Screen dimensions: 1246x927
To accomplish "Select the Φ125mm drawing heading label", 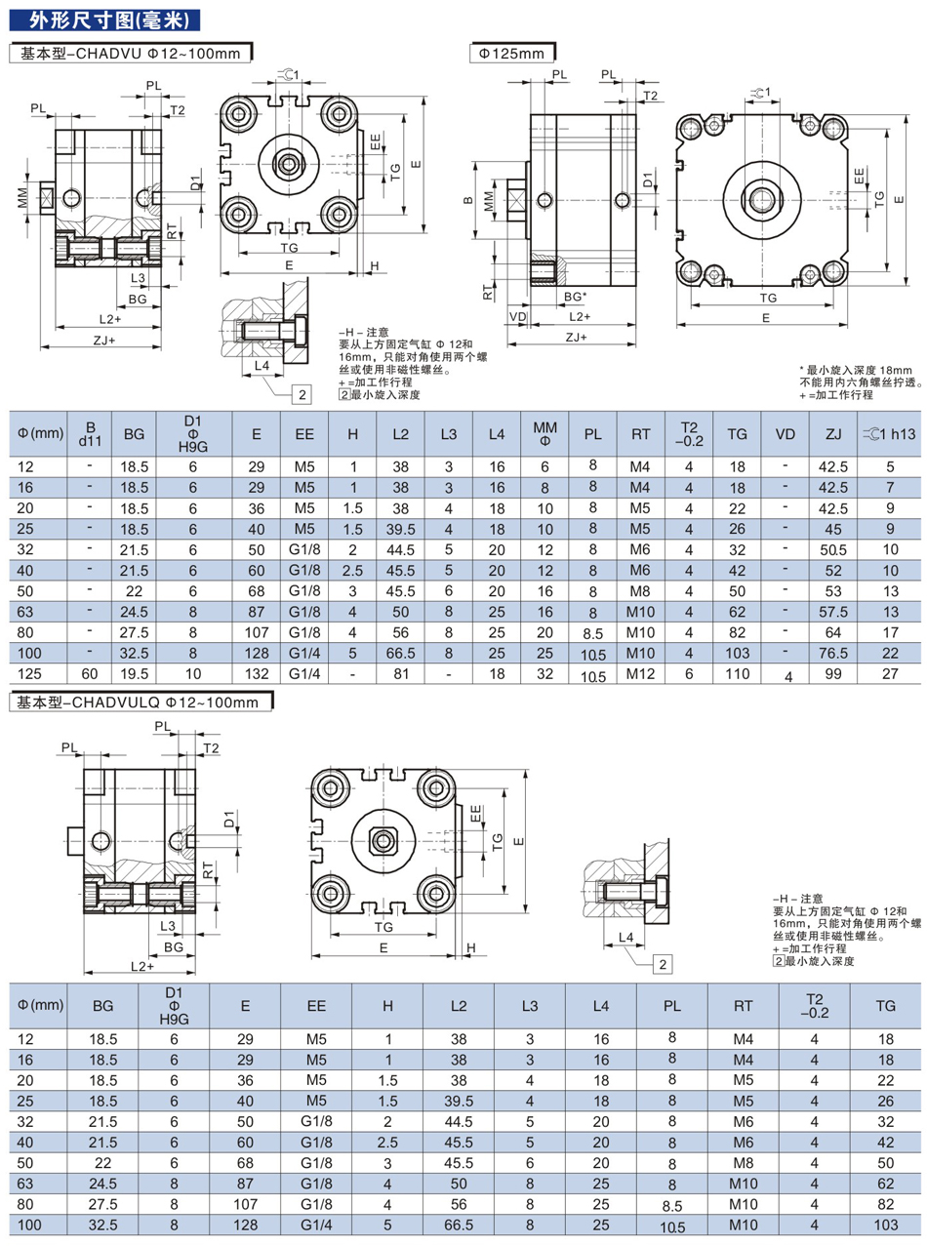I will point(511,54).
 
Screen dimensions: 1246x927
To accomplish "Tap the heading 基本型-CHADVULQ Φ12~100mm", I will point(141,701).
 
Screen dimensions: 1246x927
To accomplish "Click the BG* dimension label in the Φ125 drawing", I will point(576,296).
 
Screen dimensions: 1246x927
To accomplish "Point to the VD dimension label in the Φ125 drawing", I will point(517,316).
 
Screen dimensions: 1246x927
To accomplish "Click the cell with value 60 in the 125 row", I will point(91,672).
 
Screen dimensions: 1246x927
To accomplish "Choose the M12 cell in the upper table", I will point(640,672).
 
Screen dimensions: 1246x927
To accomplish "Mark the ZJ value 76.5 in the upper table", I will point(833,653).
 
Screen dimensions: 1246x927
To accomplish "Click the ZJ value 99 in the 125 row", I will point(833,672).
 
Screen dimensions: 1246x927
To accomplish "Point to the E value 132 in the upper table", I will point(256,672).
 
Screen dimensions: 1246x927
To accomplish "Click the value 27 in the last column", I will point(889,672).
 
